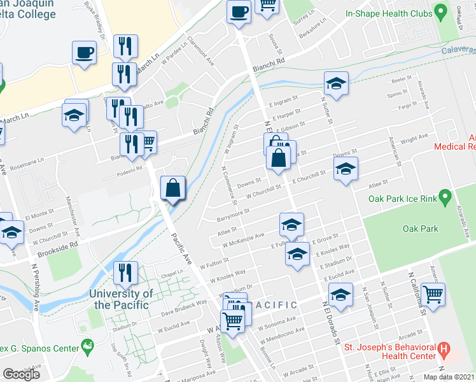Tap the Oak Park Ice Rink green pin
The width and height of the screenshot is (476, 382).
(x=445, y=199)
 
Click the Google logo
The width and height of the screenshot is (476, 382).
(x=21, y=374)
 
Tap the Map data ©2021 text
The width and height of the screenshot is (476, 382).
(x=449, y=377)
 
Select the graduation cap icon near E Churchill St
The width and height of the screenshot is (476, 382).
(x=346, y=169)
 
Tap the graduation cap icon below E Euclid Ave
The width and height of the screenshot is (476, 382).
(x=341, y=295)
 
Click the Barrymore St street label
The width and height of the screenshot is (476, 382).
(x=232, y=214)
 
